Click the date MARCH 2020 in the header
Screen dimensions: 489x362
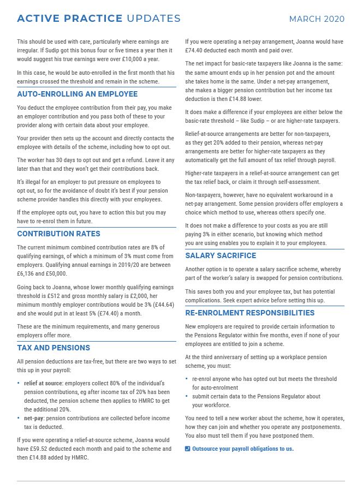(317, 19)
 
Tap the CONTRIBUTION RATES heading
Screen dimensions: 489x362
(58, 234)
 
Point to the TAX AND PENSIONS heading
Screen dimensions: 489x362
(54, 348)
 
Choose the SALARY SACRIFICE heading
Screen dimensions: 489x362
(221, 255)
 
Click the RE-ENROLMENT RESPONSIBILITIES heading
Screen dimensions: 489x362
(250, 313)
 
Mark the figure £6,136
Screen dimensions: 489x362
(26, 273)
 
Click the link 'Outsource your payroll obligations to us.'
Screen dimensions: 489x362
(243, 449)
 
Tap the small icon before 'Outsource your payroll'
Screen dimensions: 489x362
(188, 449)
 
